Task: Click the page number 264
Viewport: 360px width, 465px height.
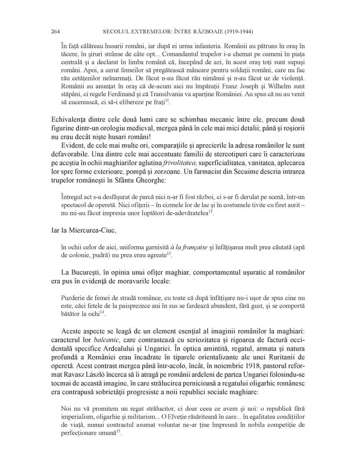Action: pyautogui.click(x=55, y=32)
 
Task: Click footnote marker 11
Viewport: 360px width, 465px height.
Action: pyautogui.click(x=167, y=100)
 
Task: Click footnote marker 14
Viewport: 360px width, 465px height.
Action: pyautogui.click(x=102, y=312)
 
